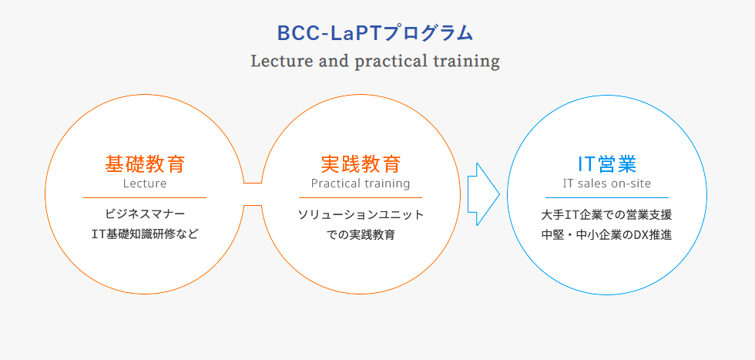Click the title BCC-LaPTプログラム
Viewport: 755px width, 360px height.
(x=375, y=33)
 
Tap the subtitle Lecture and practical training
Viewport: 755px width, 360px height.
(x=375, y=62)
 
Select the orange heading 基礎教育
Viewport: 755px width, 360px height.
(x=145, y=164)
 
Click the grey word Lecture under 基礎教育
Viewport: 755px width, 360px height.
(x=145, y=183)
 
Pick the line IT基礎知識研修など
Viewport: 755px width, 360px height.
(x=145, y=234)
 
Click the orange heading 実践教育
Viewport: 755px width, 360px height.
(x=361, y=164)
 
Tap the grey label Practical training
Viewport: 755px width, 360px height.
(x=361, y=183)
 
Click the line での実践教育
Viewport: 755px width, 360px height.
(x=361, y=234)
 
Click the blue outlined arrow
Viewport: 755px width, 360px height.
(x=484, y=194)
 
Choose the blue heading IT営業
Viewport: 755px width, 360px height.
(x=607, y=164)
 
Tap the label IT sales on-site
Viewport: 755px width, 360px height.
(x=607, y=183)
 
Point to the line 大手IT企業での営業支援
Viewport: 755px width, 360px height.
(x=607, y=214)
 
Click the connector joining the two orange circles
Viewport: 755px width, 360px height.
(x=253, y=183)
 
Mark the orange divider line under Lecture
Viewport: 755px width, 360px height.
(x=145, y=197)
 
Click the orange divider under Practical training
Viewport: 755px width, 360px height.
(x=361, y=197)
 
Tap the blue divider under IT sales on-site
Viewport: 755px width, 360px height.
(x=607, y=197)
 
